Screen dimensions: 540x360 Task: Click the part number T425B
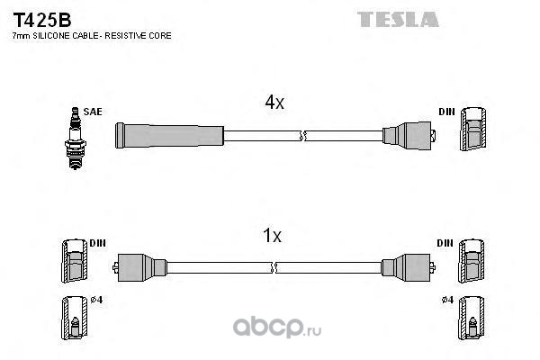click(42, 21)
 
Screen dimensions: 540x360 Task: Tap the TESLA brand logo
click(398, 19)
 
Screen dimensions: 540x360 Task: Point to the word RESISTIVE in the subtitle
click(125, 36)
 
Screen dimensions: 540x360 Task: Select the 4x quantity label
click(274, 102)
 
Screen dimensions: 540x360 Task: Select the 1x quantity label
click(272, 236)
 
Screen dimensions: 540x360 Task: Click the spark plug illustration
click(76, 139)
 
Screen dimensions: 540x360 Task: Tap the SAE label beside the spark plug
click(93, 112)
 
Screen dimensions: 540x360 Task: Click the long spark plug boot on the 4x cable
click(169, 135)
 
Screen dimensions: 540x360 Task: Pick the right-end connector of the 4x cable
click(409, 135)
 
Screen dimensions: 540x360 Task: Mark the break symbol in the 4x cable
click(302, 136)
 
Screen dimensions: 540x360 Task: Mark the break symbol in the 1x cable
click(274, 267)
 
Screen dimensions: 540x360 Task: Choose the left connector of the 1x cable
click(139, 267)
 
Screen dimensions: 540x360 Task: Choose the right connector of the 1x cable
click(409, 267)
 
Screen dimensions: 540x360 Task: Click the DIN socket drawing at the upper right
click(473, 129)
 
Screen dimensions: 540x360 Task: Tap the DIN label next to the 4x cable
click(446, 112)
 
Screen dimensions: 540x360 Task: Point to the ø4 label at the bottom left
click(97, 300)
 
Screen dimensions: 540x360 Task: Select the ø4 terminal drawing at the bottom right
click(471, 318)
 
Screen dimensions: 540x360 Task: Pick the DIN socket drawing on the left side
click(75, 261)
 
